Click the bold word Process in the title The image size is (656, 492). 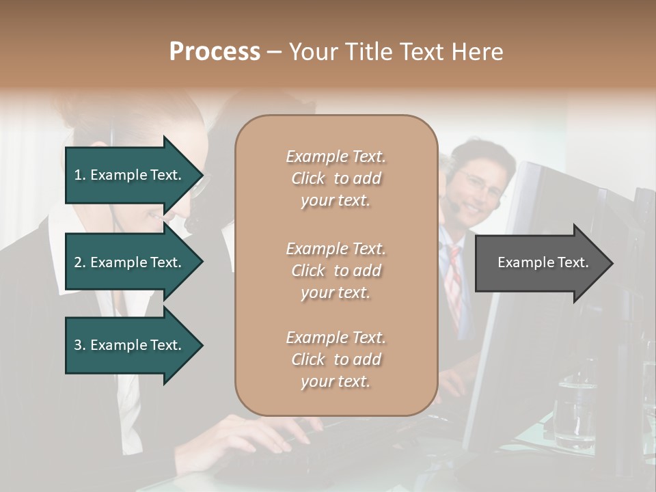click(x=215, y=52)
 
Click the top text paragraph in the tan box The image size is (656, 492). click(x=336, y=178)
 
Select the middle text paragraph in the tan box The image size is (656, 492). click(x=336, y=271)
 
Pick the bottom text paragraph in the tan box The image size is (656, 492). click(x=336, y=359)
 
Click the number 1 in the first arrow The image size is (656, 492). click(x=77, y=175)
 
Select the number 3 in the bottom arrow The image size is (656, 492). click(x=78, y=345)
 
